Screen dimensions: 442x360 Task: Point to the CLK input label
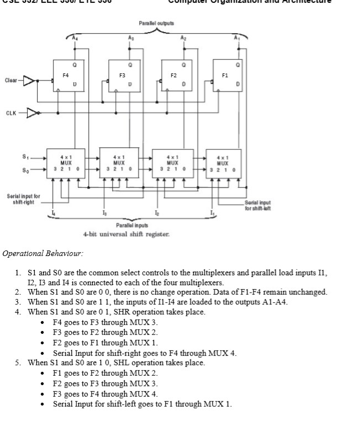coord(11,113)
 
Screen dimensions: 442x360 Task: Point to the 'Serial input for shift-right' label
coord(23,199)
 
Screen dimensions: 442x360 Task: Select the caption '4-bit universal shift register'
coord(126,234)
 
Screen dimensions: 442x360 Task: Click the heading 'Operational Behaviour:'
coord(43,254)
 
